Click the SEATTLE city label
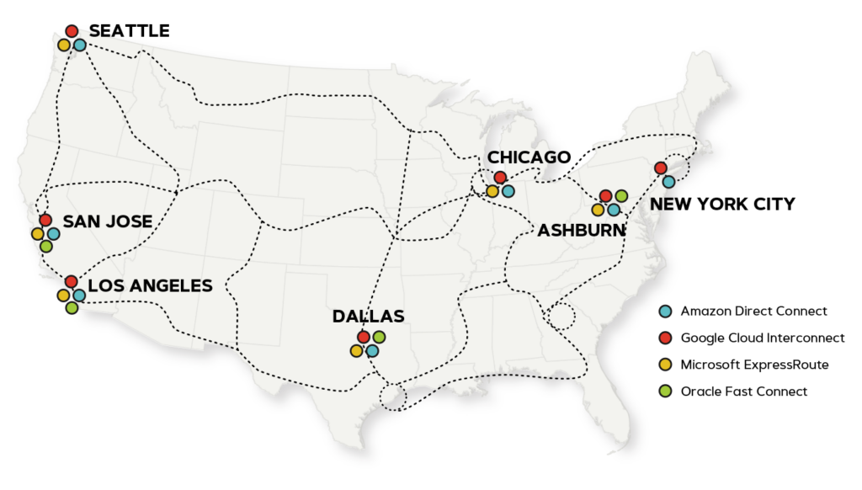129,31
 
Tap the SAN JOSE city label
108,221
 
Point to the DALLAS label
368,317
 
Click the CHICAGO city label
529,157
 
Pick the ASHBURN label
582,231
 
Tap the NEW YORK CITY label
722,204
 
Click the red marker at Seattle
72,31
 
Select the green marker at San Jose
45,247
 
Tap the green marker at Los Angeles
72,308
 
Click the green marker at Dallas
379,337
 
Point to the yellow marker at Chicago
492,191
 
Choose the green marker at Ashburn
621,196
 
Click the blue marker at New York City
668,181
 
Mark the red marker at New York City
661,168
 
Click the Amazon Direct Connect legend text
753,312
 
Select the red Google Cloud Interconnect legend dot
665,338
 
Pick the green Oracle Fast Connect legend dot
665,391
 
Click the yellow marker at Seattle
64,45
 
